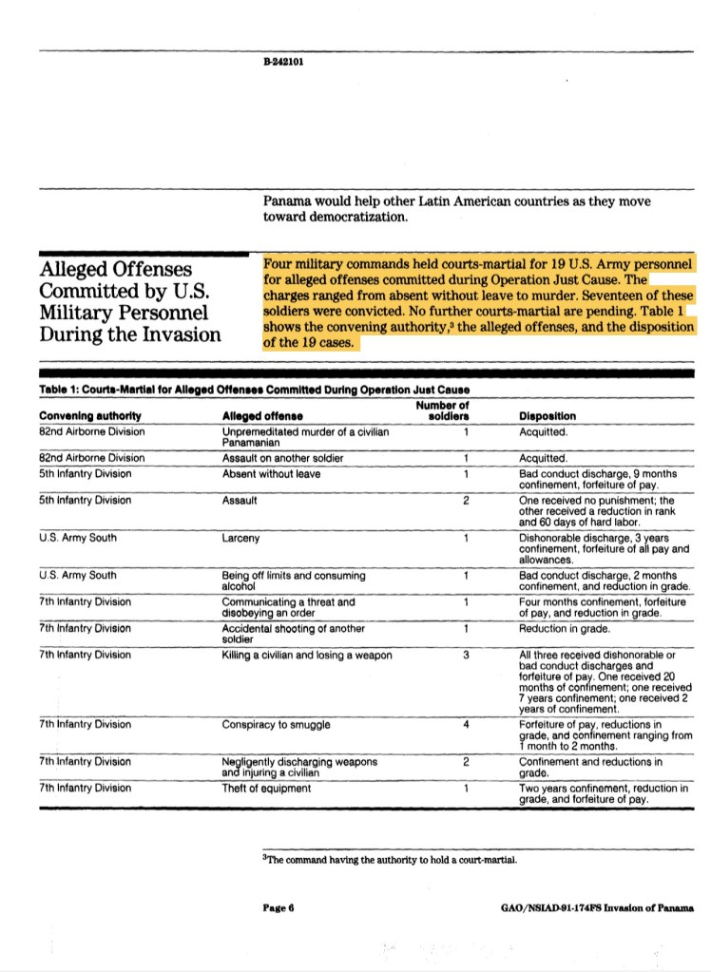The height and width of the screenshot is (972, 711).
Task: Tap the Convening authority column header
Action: [90, 416]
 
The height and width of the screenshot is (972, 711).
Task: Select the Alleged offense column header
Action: [262, 416]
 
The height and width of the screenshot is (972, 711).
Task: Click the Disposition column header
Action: [548, 416]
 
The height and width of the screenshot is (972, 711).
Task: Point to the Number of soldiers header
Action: [443, 411]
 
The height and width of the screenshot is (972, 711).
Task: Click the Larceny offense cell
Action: [240, 538]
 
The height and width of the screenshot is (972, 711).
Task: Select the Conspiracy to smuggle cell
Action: [276, 725]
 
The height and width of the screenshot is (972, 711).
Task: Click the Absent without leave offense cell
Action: [271, 473]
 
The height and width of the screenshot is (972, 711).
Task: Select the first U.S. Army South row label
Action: [78, 538]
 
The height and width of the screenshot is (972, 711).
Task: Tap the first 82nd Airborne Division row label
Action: [92, 430]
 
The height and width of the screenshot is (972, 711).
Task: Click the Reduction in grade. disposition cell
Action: [565, 628]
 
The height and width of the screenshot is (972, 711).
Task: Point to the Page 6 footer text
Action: [279, 906]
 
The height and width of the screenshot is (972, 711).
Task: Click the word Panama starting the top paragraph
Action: [289, 201]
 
